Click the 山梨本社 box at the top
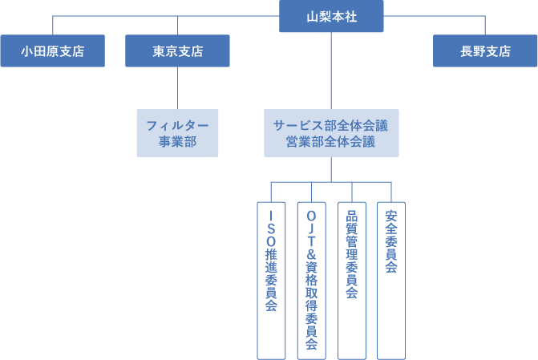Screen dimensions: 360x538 pyautogui.click(x=330, y=16)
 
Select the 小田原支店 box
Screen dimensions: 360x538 pyautogui.click(x=52, y=51)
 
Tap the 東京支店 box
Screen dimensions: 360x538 pyautogui.click(x=177, y=51)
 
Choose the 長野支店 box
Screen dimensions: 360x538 pyautogui.click(x=485, y=51)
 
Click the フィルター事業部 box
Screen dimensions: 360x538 pyautogui.click(x=177, y=133)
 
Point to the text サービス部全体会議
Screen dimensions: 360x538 pyautogui.click(x=330, y=125)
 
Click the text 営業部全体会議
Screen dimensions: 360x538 pyautogui.click(x=330, y=141)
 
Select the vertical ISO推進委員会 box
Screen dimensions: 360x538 pyautogui.click(x=271, y=279)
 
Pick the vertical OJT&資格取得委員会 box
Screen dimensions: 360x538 pyautogui.click(x=311, y=279)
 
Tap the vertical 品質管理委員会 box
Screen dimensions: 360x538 pyautogui.click(x=351, y=279)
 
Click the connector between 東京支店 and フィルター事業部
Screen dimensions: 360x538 pyautogui.click(x=177, y=88)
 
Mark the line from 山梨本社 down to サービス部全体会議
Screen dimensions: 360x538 pyautogui.click(x=331, y=72)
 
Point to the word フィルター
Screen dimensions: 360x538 pyautogui.click(x=177, y=125)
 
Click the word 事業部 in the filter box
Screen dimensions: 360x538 pyautogui.click(x=177, y=141)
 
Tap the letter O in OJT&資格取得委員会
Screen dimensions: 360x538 pyautogui.click(x=311, y=216)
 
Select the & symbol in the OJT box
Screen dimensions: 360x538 pyautogui.click(x=311, y=256)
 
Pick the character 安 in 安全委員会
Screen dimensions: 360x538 pyautogui.click(x=391, y=216)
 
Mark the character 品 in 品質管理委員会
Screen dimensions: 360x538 pyautogui.click(x=351, y=216)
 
